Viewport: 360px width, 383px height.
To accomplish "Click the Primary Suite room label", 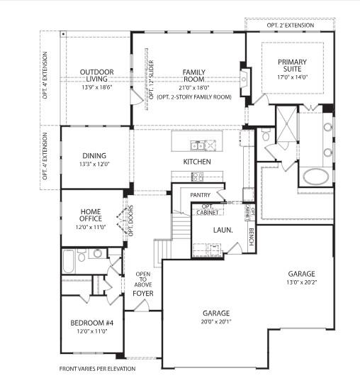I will pos(292,65).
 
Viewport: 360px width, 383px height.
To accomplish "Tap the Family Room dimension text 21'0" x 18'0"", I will pos(194,88).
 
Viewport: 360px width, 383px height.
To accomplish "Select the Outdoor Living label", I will pos(97,76).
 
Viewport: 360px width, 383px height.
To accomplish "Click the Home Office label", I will pos(91,215).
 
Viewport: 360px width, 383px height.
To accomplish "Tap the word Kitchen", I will pos(197,162).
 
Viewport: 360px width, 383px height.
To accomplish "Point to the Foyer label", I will pos(143,293).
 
